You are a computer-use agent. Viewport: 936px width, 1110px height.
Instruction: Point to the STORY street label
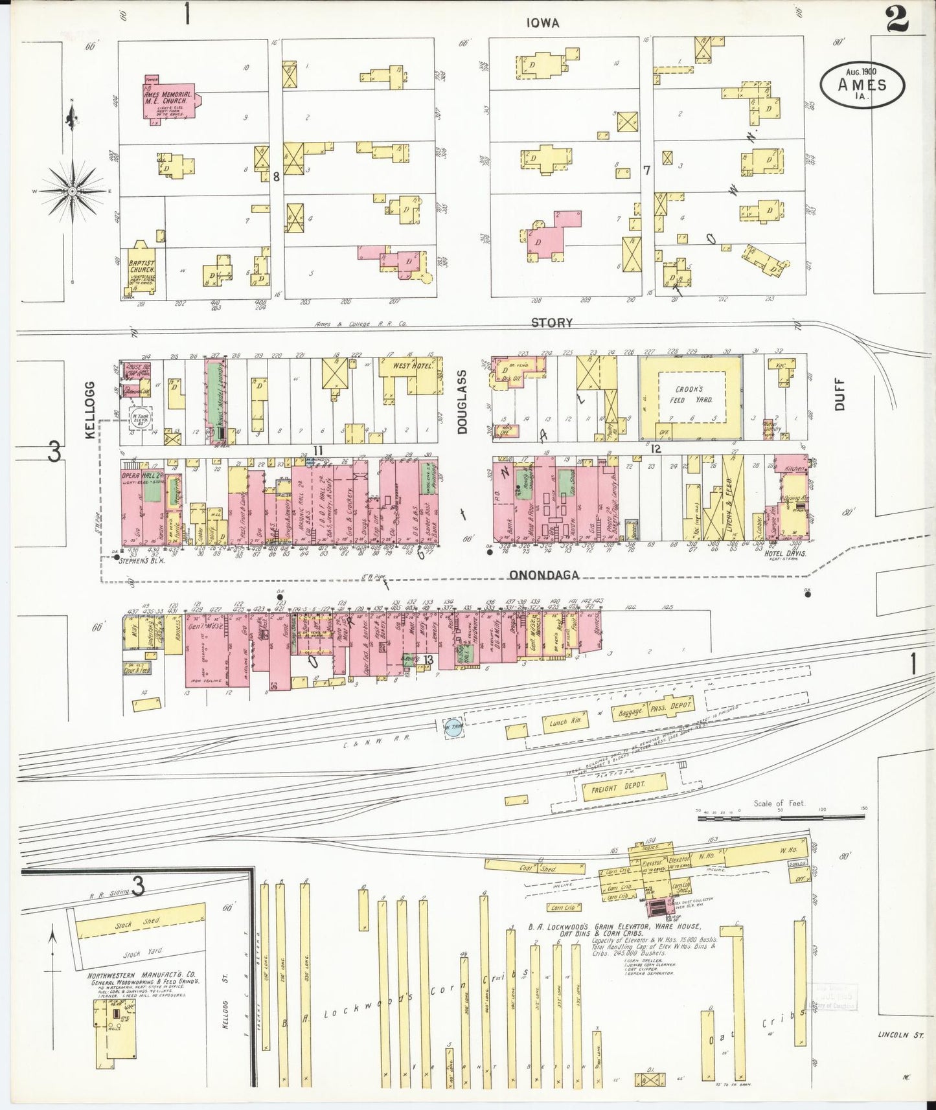click(551, 323)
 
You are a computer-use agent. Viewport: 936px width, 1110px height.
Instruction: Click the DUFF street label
click(840, 396)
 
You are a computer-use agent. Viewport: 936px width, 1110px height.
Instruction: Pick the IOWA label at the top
click(542, 23)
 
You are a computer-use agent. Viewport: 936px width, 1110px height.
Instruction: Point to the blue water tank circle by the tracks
click(453, 727)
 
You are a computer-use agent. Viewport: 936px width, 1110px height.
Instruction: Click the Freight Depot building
click(615, 788)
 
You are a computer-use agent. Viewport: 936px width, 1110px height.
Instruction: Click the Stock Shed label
click(146, 921)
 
